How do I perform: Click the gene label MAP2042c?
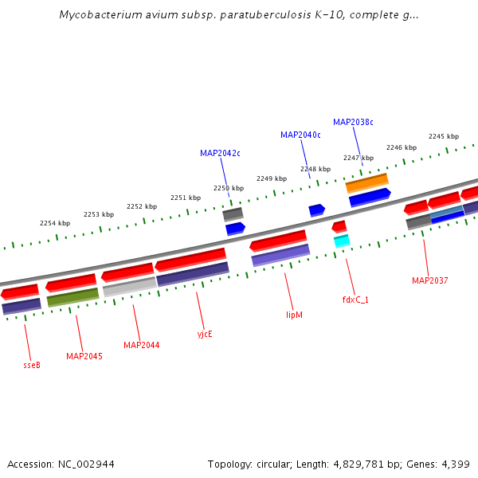pos(220,153)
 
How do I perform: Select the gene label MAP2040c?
pos(300,135)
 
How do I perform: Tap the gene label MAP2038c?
pos(353,122)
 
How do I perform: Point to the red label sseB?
pos(32,365)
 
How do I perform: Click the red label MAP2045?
pos(84,356)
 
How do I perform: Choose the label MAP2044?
pos(141,345)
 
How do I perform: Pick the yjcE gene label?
pos(205,334)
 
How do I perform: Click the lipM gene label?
pos(294,315)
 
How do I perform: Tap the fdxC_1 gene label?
pos(355,300)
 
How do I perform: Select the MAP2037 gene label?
pos(429,280)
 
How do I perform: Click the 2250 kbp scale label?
pos(227,188)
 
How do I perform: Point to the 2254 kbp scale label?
pos(55,223)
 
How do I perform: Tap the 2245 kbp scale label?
pos(444,136)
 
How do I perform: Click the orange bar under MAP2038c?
pos(366,182)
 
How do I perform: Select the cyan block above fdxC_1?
pos(342,240)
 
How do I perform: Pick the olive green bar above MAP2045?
pos(72,297)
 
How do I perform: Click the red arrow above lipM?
pos(278,240)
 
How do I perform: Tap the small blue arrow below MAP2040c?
pos(316,210)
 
